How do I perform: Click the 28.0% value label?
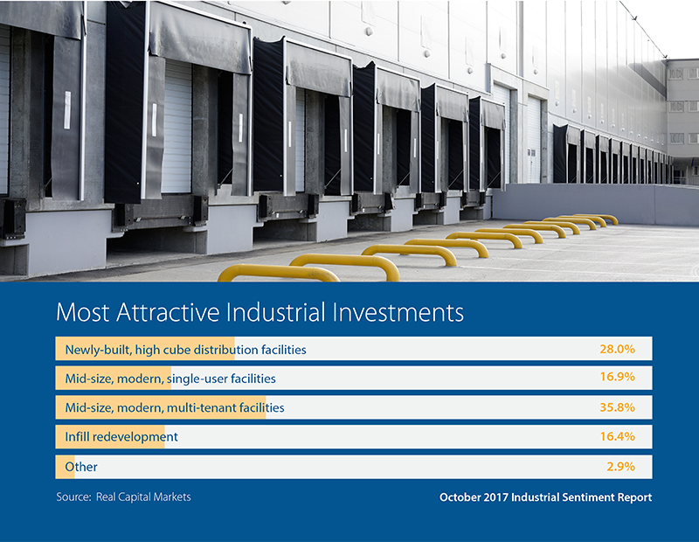(x=617, y=349)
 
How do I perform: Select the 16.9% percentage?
(x=617, y=377)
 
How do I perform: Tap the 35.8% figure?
(x=617, y=407)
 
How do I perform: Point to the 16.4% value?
(x=617, y=436)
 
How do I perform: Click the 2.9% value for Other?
(x=620, y=467)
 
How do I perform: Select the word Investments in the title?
(x=398, y=312)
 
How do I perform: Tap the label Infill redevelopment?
(x=121, y=437)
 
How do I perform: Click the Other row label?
(x=81, y=467)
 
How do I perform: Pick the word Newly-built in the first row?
(x=98, y=350)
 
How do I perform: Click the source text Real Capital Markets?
(x=143, y=497)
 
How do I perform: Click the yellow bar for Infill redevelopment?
(x=110, y=437)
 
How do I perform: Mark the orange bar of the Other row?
(x=65, y=467)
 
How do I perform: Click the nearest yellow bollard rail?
(x=279, y=272)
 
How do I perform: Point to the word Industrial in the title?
(x=276, y=312)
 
